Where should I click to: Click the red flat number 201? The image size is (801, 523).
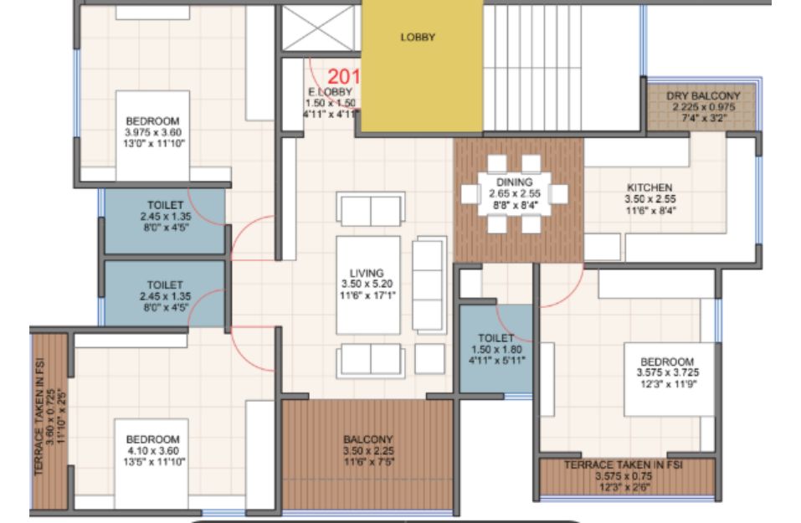click(x=344, y=77)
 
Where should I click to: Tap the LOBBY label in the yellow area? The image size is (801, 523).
click(x=418, y=38)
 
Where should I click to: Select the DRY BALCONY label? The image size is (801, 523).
click(x=703, y=96)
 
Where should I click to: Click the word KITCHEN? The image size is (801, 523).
click(x=650, y=187)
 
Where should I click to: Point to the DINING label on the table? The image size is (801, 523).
click(x=515, y=182)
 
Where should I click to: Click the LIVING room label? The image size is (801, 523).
click(x=367, y=274)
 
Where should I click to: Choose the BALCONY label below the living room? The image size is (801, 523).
click(x=368, y=439)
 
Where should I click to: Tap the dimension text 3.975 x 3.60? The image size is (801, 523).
click(x=152, y=132)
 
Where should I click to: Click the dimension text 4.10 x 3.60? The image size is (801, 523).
click(x=153, y=451)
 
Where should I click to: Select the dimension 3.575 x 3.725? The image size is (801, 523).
click(x=668, y=373)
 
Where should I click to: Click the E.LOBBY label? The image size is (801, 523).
click(x=331, y=92)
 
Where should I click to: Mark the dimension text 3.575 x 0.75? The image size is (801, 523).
click(x=624, y=476)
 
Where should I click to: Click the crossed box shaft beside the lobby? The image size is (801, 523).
click(x=319, y=28)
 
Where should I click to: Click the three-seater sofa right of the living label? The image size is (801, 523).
click(x=429, y=285)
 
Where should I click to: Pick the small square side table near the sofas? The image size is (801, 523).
click(x=429, y=358)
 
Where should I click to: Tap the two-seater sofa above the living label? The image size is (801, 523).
click(x=371, y=208)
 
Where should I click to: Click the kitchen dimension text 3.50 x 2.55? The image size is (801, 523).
click(x=650, y=199)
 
